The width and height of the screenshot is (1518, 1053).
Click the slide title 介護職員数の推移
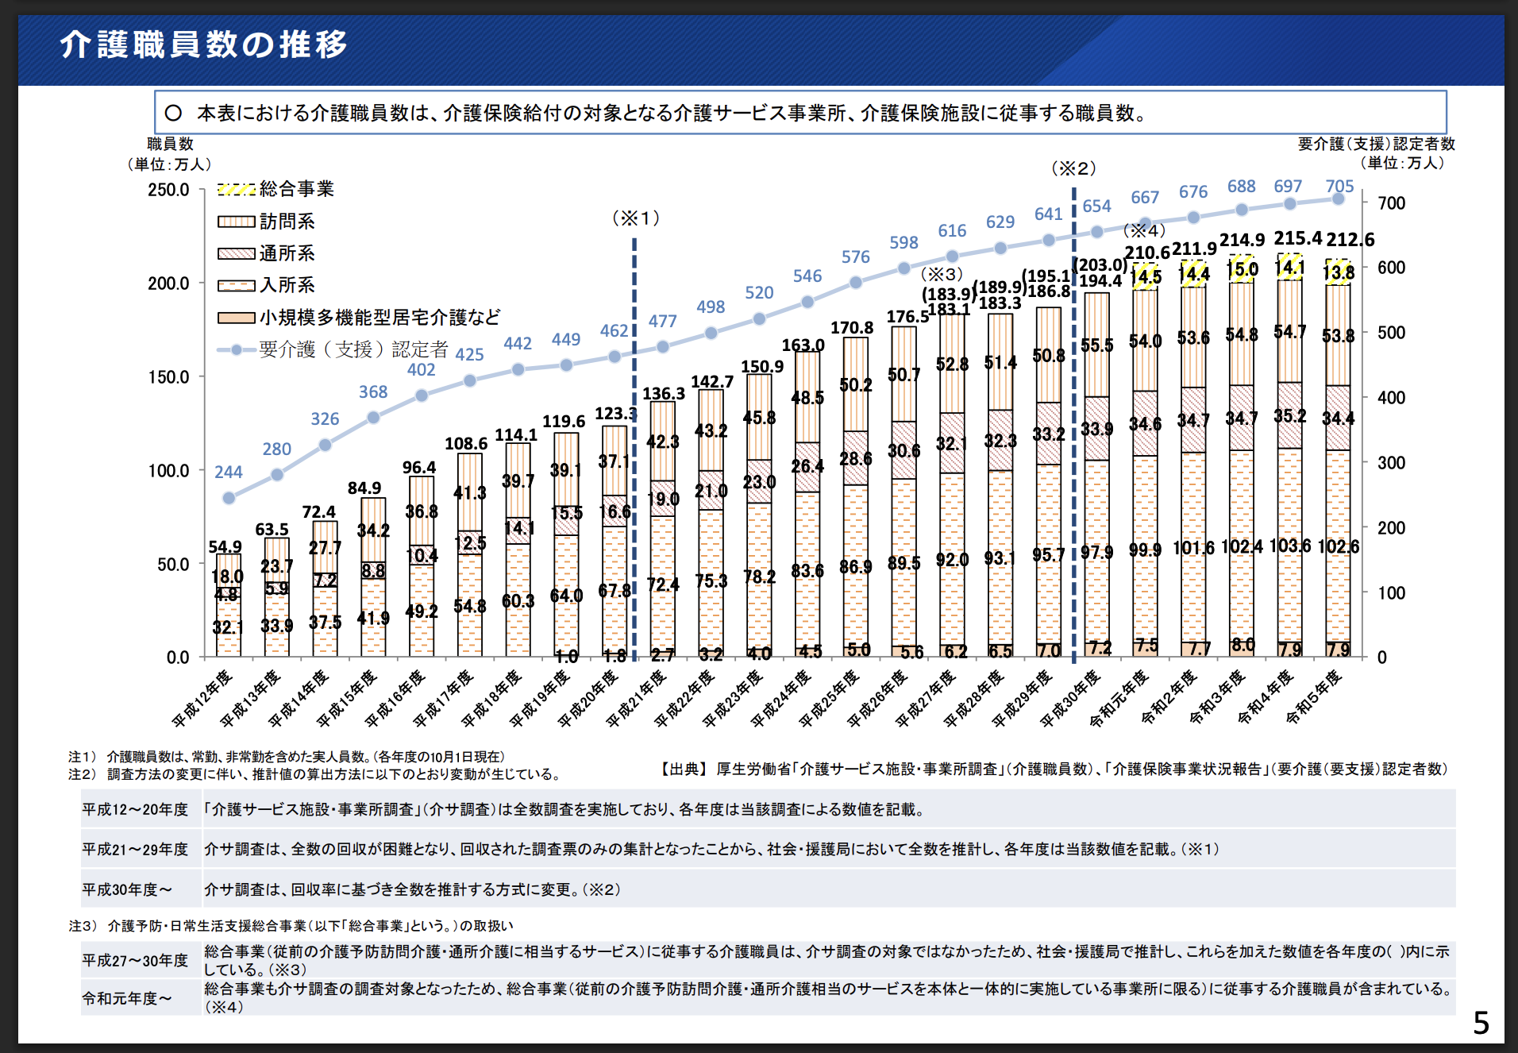(x=204, y=44)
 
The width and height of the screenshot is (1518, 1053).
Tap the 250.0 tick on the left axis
(x=168, y=190)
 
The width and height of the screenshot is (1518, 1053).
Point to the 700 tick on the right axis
(x=1391, y=203)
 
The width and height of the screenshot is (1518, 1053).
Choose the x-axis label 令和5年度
(x=1316, y=696)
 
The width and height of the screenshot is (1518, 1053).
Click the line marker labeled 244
(x=229, y=498)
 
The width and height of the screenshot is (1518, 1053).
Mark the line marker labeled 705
(x=1339, y=199)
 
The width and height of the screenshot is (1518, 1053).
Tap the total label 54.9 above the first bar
(x=225, y=547)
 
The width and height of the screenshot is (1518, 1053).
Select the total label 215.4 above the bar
(x=1297, y=238)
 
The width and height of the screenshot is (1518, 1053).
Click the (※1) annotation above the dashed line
(x=635, y=218)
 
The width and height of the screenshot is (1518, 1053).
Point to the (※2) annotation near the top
(x=1073, y=168)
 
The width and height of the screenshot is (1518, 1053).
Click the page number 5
(x=1481, y=1023)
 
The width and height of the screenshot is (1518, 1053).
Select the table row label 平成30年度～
(x=127, y=889)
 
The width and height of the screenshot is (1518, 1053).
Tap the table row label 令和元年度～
(x=127, y=998)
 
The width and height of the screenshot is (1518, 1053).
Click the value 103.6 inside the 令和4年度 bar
(x=1289, y=546)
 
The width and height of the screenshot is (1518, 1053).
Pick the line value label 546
(x=807, y=276)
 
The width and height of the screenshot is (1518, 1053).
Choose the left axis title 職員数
(x=170, y=144)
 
